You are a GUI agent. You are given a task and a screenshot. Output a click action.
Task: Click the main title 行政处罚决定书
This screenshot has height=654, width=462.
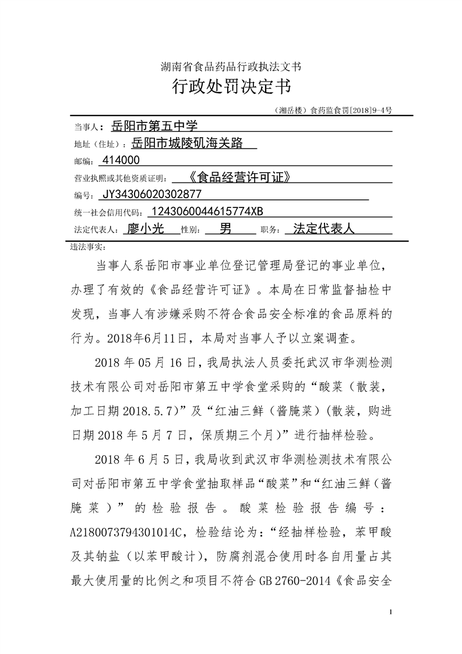[231, 88]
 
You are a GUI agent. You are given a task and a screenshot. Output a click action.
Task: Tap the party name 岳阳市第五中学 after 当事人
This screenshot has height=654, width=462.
[154, 125]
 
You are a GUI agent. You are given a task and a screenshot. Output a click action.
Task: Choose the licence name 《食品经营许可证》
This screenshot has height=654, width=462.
[239, 177]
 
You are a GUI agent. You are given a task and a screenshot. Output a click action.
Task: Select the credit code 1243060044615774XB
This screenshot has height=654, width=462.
[210, 211]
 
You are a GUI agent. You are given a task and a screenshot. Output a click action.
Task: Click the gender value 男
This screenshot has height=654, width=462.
[225, 228]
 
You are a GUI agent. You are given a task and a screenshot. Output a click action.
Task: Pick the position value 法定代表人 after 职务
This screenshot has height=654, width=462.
[324, 228]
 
